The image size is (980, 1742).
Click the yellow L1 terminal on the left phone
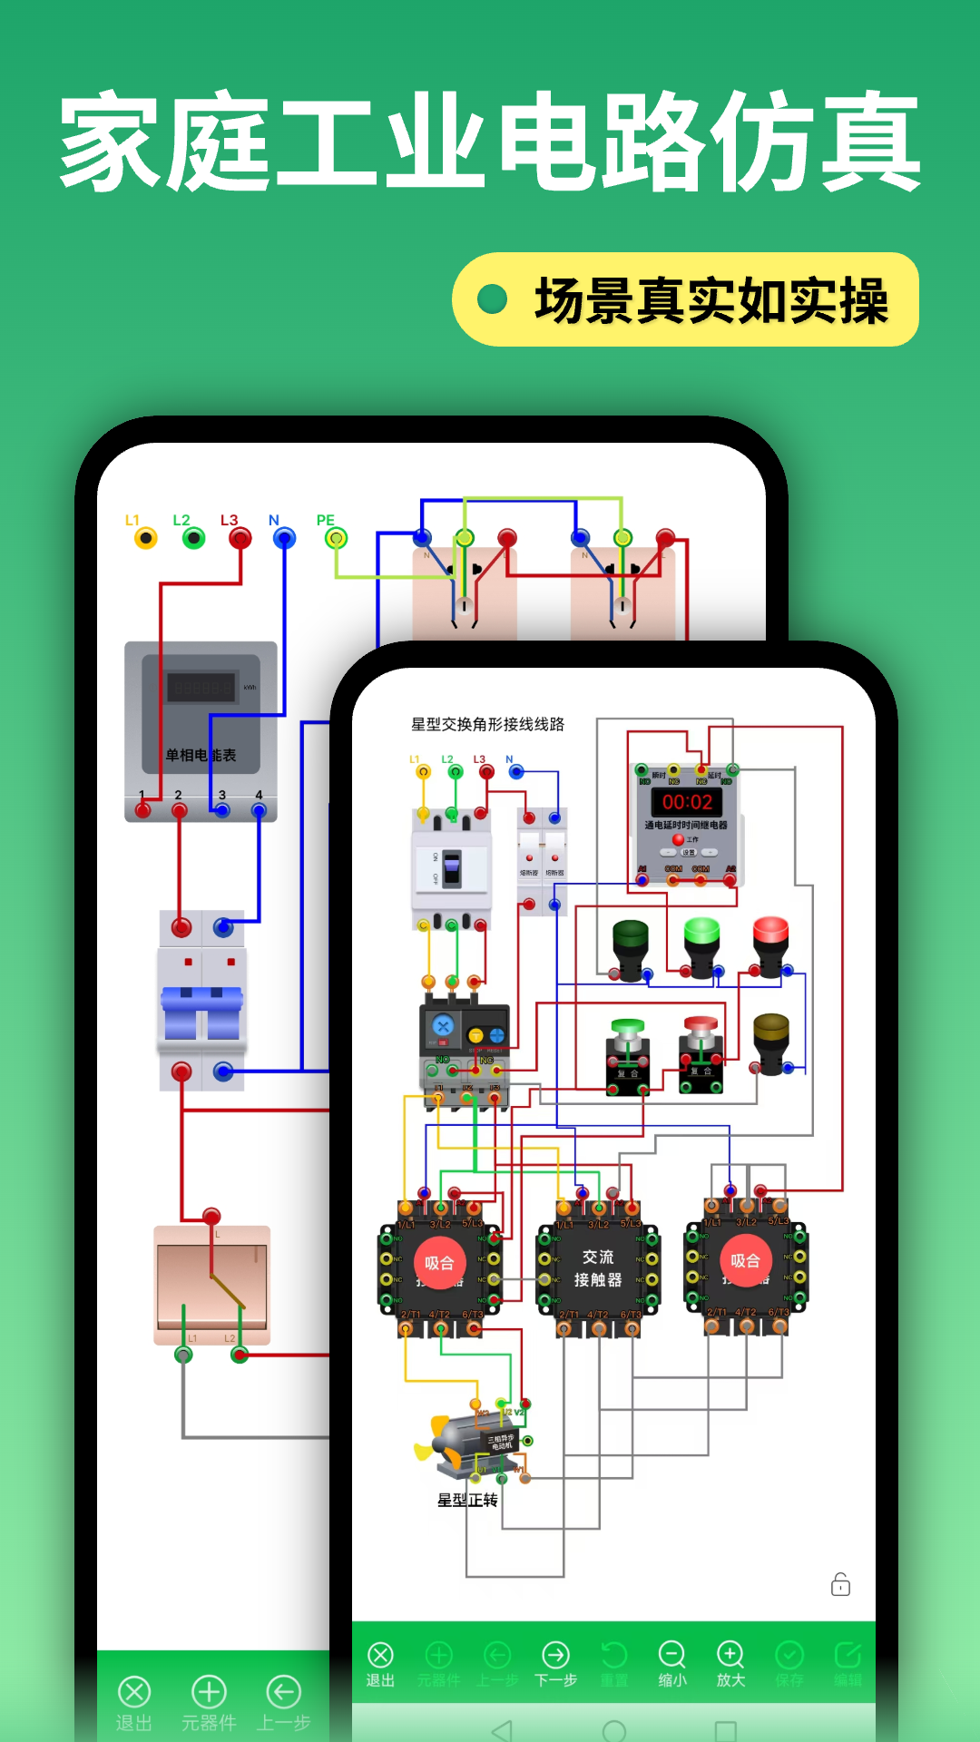tap(145, 538)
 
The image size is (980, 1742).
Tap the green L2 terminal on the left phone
tap(193, 538)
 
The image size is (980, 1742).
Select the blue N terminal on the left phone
tap(285, 538)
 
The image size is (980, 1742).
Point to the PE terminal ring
tap(337, 538)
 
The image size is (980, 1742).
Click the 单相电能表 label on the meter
tap(201, 755)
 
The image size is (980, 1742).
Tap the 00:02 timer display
tap(687, 802)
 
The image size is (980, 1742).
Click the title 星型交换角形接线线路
tap(487, 724)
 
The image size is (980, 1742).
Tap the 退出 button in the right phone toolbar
tap(380, 1665)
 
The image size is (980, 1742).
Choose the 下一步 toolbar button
tap(555, 1665)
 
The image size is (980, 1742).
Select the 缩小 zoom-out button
tap(671, 1665)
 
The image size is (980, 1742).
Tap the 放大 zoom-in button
tap(730, 1665)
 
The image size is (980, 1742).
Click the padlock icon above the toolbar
tap(840, 1584)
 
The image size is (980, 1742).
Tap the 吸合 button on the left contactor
tap(439, 1263)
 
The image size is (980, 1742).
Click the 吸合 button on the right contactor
tap(745, 1261)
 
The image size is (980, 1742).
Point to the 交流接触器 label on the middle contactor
tap(598, 1268)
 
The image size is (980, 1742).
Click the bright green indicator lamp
tap(701, 935)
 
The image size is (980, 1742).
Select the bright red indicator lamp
tap(770, 933)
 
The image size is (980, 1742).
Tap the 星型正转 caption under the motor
tap(467, 1501)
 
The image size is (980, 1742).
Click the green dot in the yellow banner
tap(492, 299)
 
